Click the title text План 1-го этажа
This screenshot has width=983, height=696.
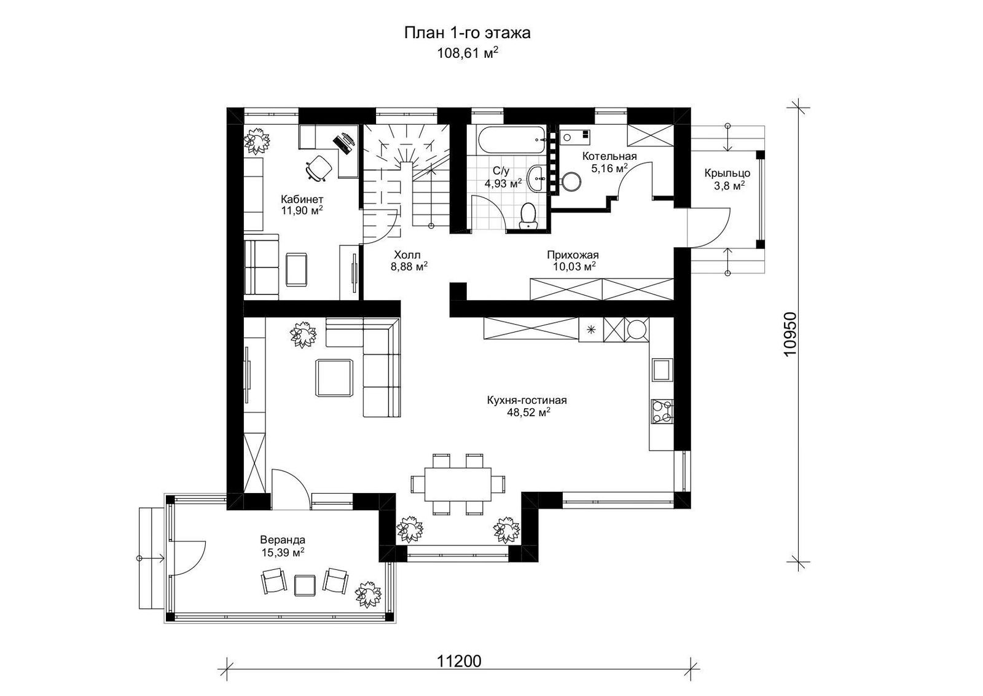pos(468,33)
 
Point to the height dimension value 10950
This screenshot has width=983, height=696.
pos(789,334)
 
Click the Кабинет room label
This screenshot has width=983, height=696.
pos(302,199)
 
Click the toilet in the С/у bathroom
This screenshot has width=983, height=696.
pos(528,216)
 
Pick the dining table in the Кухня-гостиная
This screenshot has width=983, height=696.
pos(457,484)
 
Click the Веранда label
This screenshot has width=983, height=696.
pos(283,540)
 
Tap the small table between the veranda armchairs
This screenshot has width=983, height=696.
pos(305,585)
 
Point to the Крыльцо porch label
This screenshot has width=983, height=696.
pos(727,173)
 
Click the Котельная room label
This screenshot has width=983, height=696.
pos(609,156)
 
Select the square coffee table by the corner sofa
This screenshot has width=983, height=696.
pos(334,377)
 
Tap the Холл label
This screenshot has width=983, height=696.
pos(407,255)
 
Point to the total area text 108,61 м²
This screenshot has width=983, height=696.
pos(468,53)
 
